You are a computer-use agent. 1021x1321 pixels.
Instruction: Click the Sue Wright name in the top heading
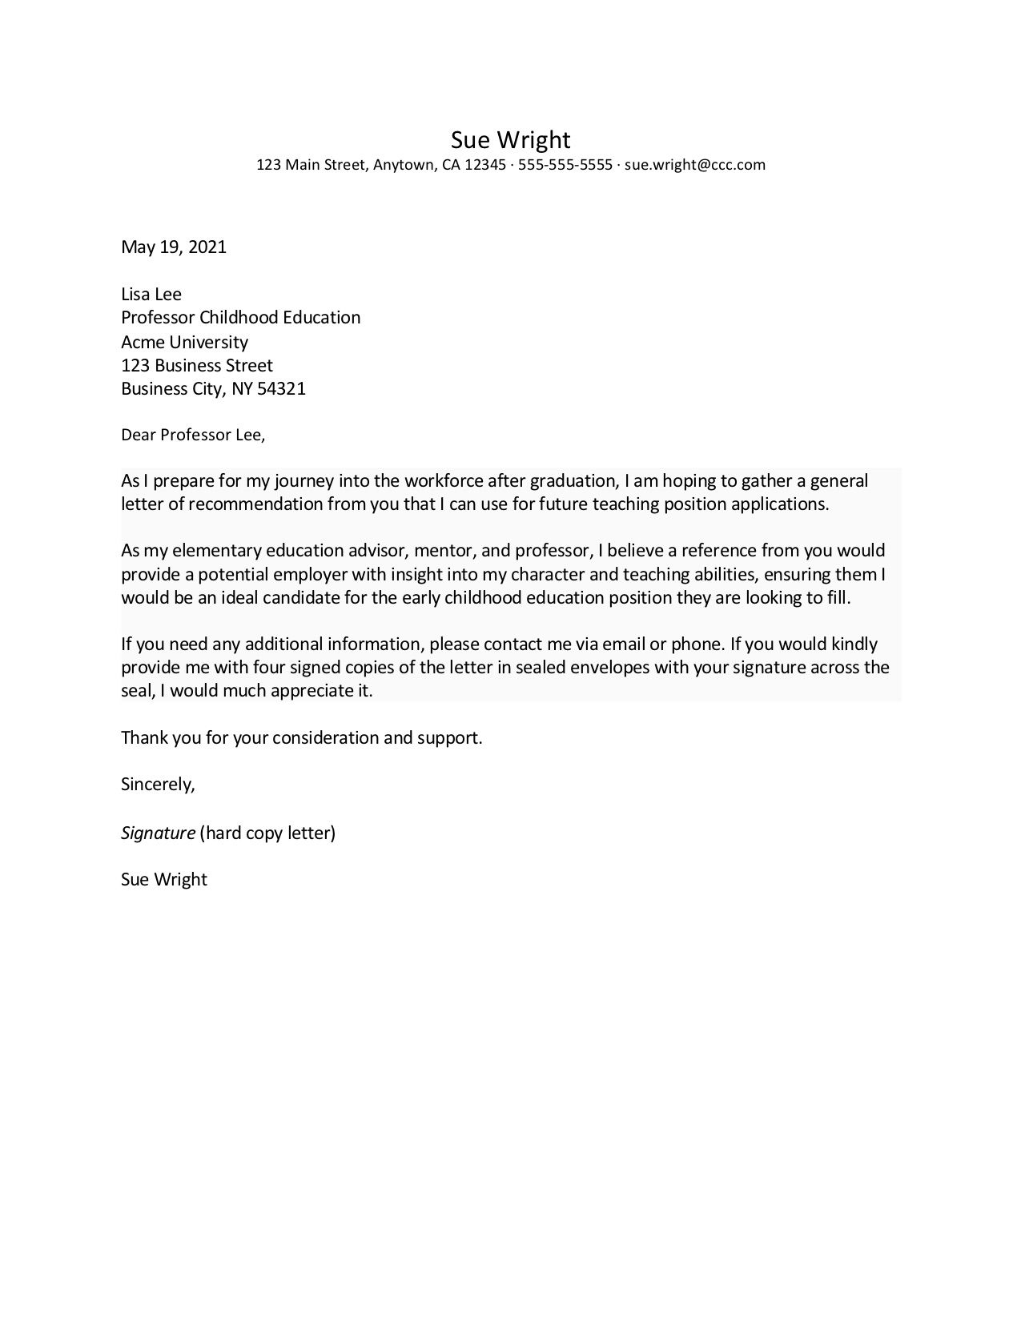click(x=510, y=140)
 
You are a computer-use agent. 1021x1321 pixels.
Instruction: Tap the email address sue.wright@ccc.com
click(x=695, y=165)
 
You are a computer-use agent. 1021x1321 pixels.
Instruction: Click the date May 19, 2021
click(x=174, y=247)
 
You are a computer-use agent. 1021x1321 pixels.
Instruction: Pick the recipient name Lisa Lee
click(x=151, y=294)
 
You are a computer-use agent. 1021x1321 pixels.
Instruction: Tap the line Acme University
click(x=184, y=342)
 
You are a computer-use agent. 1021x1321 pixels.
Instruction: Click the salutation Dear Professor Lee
click(x=192, y=436)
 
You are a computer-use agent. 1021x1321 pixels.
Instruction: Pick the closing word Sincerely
click(x=158, y=785)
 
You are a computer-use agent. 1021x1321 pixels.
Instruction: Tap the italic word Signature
click(x=158, y=833)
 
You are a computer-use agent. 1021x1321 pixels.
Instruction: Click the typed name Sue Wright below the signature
click(x=164, y=880)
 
